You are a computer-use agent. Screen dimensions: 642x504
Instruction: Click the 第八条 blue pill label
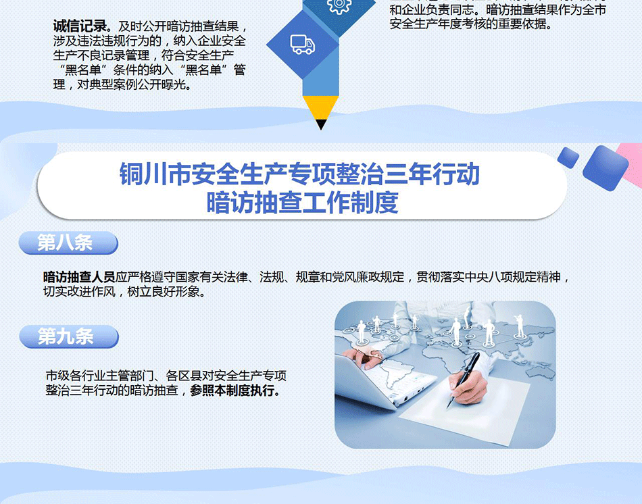(x=68, y=243)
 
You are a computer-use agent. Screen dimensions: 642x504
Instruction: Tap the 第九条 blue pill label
(x=69, y=336)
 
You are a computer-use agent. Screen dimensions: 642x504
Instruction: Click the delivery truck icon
(x=303, y=44)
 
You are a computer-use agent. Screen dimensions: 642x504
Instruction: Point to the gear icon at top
(x=339, y=5)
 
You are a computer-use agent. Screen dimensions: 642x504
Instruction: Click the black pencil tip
(x=322, y=124)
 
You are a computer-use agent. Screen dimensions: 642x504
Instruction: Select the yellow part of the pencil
(x=321, y=107)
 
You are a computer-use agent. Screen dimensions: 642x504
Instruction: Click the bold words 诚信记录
(x=80, y=26)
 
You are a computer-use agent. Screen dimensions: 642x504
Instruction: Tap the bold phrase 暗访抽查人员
(x=79, y=277)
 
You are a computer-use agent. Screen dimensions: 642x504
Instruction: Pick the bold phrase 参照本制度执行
(x=232, y=390)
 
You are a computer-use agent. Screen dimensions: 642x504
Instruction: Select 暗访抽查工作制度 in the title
(x=302, y=202)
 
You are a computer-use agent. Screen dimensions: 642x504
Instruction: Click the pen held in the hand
(x=463, y=380)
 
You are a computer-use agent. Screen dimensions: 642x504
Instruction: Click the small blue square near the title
(x=568, y=157)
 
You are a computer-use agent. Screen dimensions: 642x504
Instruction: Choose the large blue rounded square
(x=605, y=168)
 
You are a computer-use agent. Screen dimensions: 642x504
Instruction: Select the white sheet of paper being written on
(x=465, y=409)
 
